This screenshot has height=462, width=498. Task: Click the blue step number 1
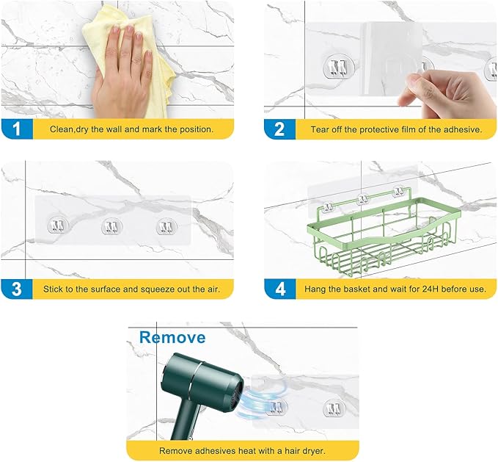(x=17, y=129)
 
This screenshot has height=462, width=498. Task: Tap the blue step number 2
(x=279, y=129)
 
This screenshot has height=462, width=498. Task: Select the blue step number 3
(x=17, y=289)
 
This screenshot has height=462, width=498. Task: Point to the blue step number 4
(x=280, y=289)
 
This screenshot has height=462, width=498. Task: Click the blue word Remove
(x=172, y=337)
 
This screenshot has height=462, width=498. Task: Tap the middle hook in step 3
(x=111, y=227)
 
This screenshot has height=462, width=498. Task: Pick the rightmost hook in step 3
(x=166, y=228)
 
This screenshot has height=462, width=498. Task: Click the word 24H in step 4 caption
(x=431, y=289)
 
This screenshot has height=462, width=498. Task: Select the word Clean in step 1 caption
(x=61, y=129)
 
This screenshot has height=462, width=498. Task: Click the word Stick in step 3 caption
(x=52, y=289)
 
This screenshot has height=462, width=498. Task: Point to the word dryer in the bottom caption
(x=313, y=451)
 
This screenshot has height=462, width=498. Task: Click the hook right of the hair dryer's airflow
(x=334, y=408)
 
